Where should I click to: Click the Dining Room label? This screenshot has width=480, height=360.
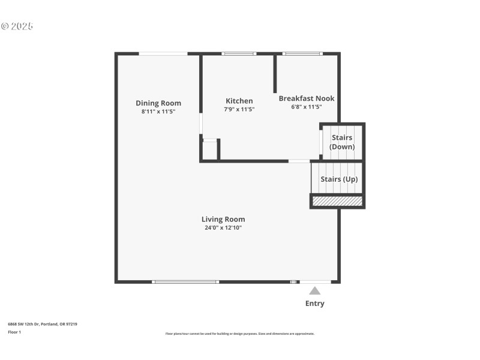pos(158,103)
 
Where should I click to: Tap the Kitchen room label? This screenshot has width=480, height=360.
pos(239,101)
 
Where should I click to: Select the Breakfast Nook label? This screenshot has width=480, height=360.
pos(307,98)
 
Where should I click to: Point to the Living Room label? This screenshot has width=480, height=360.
pos(223,219)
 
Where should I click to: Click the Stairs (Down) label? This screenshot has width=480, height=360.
pos(342,142)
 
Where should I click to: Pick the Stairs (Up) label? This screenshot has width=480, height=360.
pos(339,179)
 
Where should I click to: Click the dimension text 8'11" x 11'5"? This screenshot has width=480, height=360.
pos(158,112)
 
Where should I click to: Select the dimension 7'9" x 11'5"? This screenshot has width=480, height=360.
pos(239,109)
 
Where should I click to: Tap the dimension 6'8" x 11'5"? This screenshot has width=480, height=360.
pos(307,107)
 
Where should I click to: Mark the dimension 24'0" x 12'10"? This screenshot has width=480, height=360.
pos(223,227)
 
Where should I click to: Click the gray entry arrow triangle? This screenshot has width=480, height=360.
pos(314,290)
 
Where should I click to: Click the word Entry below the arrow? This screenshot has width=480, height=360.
pos(314,304)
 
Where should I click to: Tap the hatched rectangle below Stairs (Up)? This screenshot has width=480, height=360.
pos(337,201)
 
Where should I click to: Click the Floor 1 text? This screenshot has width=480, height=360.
pos(14,332)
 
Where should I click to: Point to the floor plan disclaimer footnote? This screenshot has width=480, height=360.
pos(239,334)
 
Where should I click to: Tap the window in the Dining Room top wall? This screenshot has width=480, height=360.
pos(163,54)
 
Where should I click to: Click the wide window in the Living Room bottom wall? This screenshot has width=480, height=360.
pos(185,281)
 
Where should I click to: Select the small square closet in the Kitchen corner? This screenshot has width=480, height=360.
pos(209,150)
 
